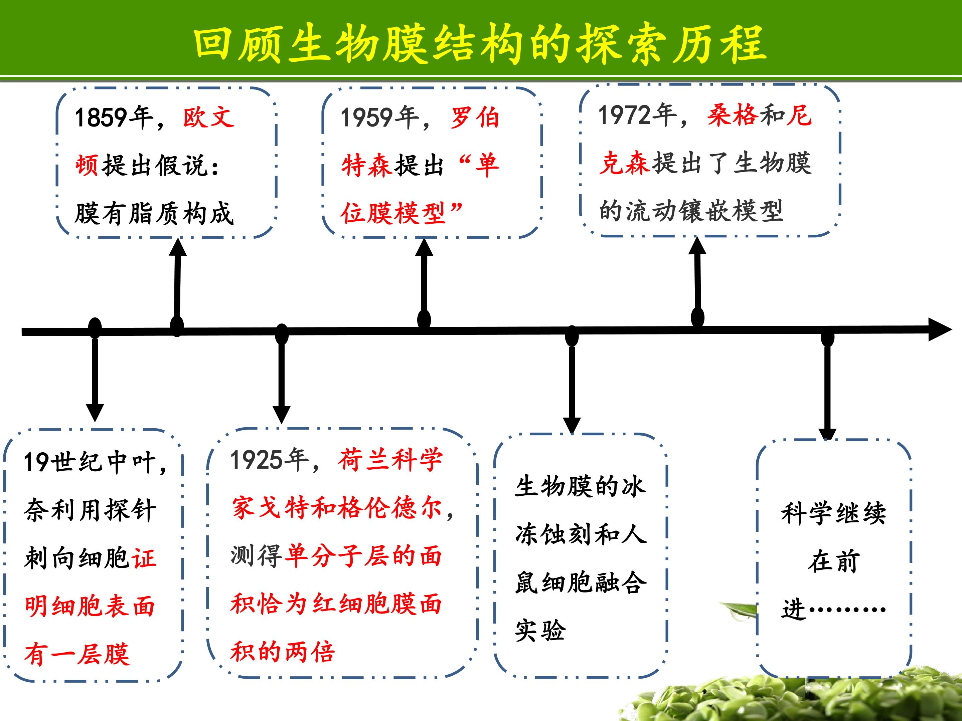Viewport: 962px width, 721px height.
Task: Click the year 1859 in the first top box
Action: tap(101, 117)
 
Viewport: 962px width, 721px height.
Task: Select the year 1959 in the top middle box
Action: tap(367, 118)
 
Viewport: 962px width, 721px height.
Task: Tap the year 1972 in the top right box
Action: tap(624, 115)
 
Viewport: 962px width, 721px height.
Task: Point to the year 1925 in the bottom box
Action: tap(257, 460)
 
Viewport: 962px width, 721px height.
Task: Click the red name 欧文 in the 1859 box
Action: tap(209, 117)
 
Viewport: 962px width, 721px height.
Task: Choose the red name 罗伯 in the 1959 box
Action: tap(475, 118)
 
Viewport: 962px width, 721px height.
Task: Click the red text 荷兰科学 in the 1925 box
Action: tap(390, 460)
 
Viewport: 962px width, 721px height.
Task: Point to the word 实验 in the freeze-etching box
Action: tap(540, 631)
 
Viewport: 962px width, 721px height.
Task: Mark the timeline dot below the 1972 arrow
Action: tap(697, 318)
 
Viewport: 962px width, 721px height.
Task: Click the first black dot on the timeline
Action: tap(95, 328)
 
